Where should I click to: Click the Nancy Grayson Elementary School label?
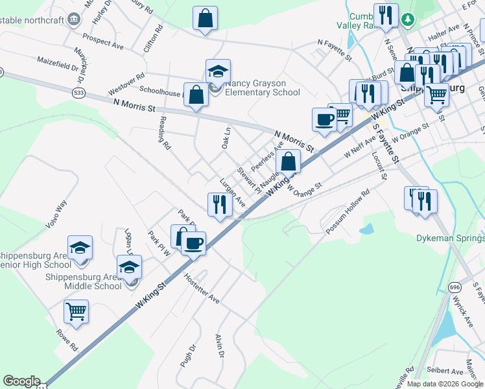(263, 88)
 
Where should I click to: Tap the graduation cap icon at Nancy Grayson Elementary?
(219, 71)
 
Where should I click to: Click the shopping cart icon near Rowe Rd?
(76, 311)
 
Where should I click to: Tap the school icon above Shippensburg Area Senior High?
(80, 248)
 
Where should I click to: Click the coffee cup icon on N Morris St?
(324, 119)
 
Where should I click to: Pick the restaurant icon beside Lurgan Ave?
(220, 204)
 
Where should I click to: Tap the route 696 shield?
(455, 286)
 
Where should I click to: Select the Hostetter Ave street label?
(202, 289)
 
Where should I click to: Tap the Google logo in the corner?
(21, 381)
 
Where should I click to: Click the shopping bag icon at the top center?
(205, 18)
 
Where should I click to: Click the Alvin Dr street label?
(219, 346)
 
